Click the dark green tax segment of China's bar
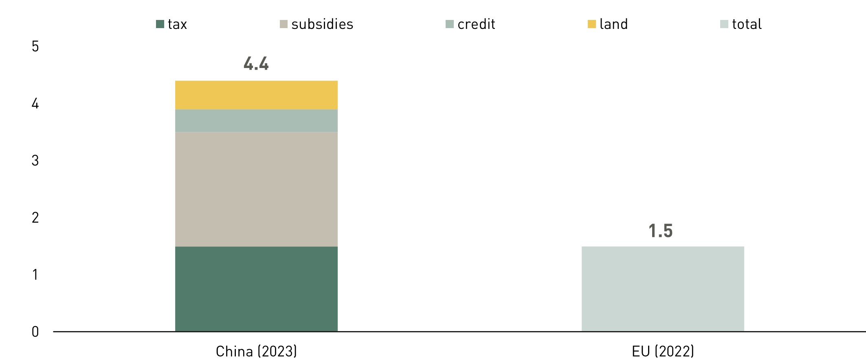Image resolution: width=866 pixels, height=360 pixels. click(x=256, y=289)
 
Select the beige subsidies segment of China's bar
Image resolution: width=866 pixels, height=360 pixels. click(x=256, y=189)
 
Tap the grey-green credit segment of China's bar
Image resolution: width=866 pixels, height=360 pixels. click(x=256, y=121)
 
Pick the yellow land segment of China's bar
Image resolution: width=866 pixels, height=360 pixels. click(x=256, y=95)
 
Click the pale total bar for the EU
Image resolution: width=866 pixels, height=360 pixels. click(x=663, y=289)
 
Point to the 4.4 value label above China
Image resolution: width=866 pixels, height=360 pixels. click(x=256, y=64)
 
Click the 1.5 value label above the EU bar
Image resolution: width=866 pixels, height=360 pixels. click(x=660, y=231)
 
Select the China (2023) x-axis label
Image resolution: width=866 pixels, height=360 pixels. click(x=256, y=351)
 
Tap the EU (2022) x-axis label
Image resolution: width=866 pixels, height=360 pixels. click(x=663, y=351)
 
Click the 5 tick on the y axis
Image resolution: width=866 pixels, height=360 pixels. click(x=35, y=46)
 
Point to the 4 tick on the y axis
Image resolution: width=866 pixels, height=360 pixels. click(x=35, y=104)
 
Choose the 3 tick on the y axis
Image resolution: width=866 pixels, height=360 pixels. click(x=35, y=160)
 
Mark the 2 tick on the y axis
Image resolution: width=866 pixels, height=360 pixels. click(x=35, y=218)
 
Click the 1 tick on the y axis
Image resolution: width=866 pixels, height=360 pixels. click(x=35, y=275)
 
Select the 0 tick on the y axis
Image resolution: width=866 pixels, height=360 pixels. click(x=35, y=332)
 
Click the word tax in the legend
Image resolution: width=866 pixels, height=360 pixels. click(x=177, y=24)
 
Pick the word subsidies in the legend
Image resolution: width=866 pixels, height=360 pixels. click(x=322, y=24)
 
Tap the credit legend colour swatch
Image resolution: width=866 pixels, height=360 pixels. click(x=450, y=24)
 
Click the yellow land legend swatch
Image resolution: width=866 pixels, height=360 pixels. click(x=591, y=24)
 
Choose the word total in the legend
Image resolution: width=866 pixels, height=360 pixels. click(x=747, y=24)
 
